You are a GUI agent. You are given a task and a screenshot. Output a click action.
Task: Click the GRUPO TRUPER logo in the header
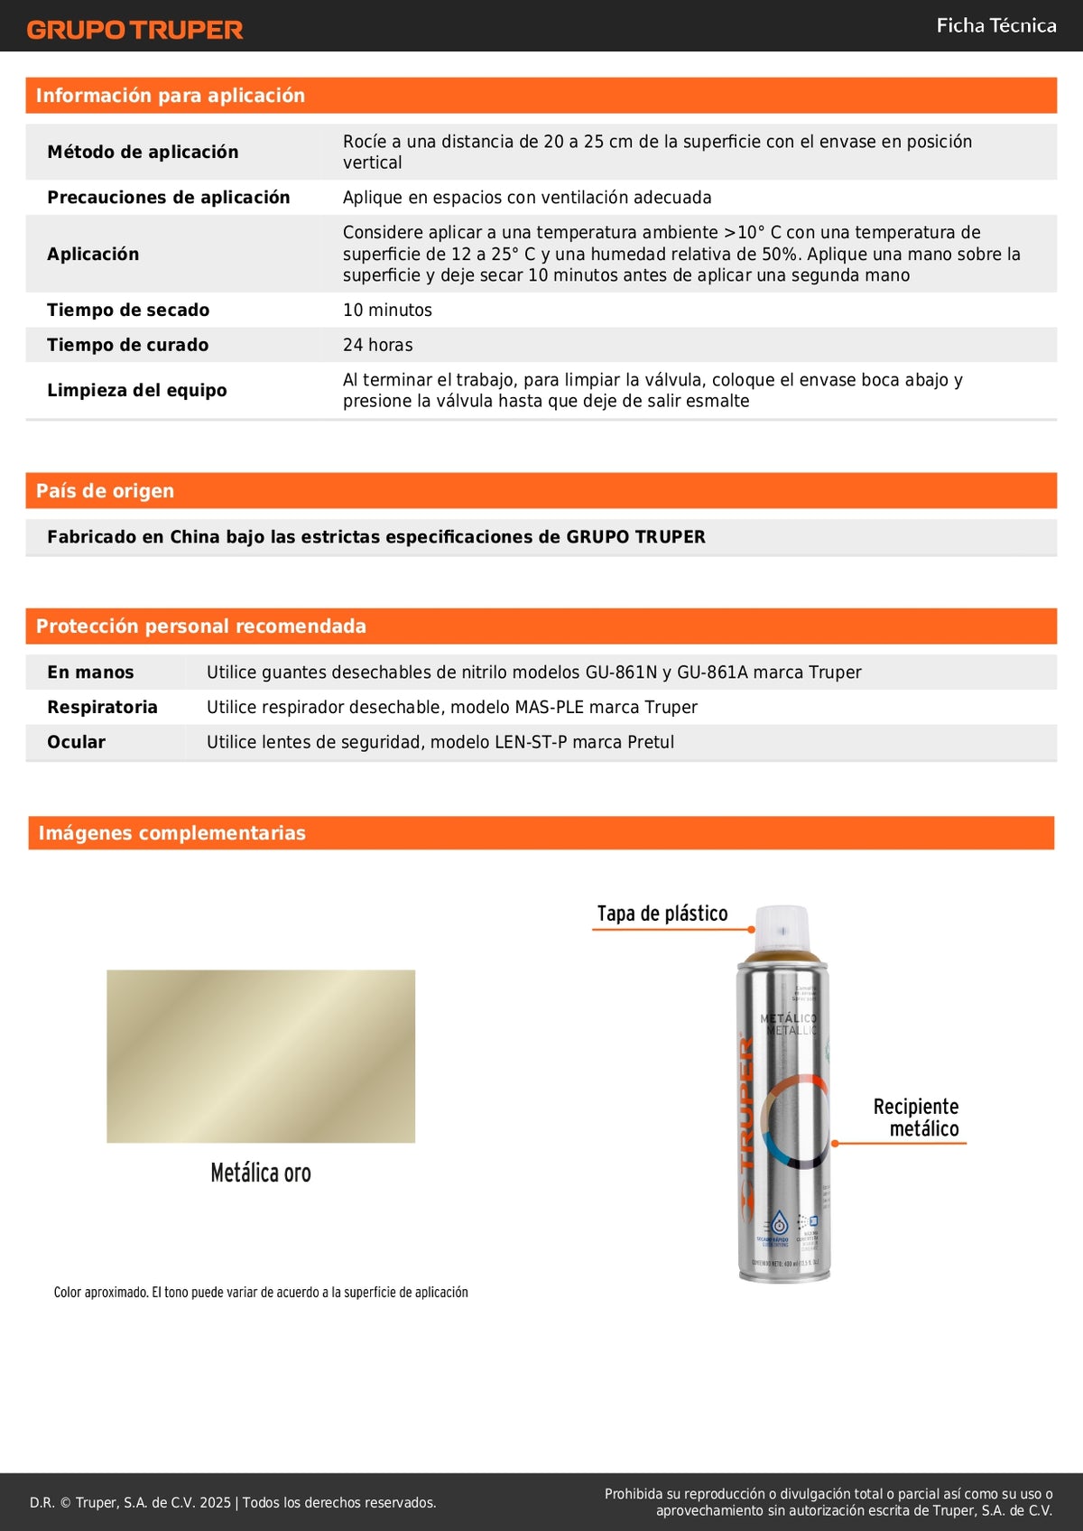(135, 30)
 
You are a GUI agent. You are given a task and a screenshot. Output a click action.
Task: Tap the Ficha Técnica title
(995, 25)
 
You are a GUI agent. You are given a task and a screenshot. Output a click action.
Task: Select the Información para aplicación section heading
(171, 96)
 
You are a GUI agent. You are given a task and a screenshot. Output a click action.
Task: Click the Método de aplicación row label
(143, 152)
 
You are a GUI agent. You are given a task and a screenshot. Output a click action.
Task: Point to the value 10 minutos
(387, 310)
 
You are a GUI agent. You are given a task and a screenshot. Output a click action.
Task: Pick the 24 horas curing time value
(377, 345)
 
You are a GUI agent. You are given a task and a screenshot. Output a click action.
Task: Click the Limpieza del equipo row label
(137, 390)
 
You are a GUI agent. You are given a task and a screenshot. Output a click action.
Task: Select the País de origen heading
(105, 491)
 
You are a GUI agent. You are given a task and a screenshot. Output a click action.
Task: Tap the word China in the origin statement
(195, 537)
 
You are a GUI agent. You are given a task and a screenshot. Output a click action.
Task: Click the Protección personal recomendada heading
(200, 626)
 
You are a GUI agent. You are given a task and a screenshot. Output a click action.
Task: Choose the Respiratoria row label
(102, 707)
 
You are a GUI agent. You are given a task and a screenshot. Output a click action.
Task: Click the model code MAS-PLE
(546, 707)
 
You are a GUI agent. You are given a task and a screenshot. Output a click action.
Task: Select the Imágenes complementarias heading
(171, 833)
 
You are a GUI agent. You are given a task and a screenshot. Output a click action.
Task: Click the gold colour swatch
(261, 1056)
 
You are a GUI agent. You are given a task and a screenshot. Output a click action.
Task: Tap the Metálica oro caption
(261, 1173)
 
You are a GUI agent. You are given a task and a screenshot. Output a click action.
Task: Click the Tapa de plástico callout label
(662, 914)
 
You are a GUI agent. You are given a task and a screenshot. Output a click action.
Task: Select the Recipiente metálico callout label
(916, 1118)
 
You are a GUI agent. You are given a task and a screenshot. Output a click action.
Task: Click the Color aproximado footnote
(261, 1293)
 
